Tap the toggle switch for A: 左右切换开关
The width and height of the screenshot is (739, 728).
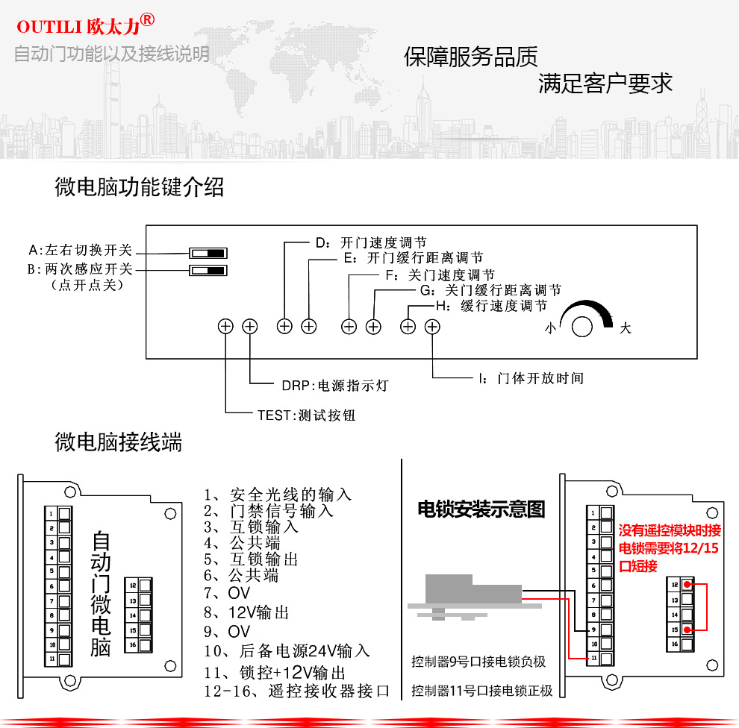click(208, 252)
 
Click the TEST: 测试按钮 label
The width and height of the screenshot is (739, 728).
click(306, 415)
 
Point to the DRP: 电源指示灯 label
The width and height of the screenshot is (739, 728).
click(335, 386)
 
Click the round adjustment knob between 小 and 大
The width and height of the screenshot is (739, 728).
click(582, 327)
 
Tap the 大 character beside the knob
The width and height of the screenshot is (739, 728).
click(626, 328)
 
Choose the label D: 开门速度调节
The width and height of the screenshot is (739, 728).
click(371, 243)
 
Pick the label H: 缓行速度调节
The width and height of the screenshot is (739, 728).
click(491, 306)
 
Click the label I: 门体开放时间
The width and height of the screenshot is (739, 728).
click(531, 378)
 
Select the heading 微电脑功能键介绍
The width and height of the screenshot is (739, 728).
click(140, 187)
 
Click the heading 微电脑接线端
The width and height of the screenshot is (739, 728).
click(119, 443)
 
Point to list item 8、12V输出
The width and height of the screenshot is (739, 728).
click(246, 612)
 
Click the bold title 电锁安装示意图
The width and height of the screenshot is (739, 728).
click(481, 510)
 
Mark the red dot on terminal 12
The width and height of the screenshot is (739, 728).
click(687, 585)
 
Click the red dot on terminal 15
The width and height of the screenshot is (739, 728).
click(687, 630)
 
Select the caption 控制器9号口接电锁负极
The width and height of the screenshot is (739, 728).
click(478, 662)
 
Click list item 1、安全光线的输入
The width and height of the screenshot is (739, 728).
click(278, 495)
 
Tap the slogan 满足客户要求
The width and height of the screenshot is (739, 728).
click(605, 83)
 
